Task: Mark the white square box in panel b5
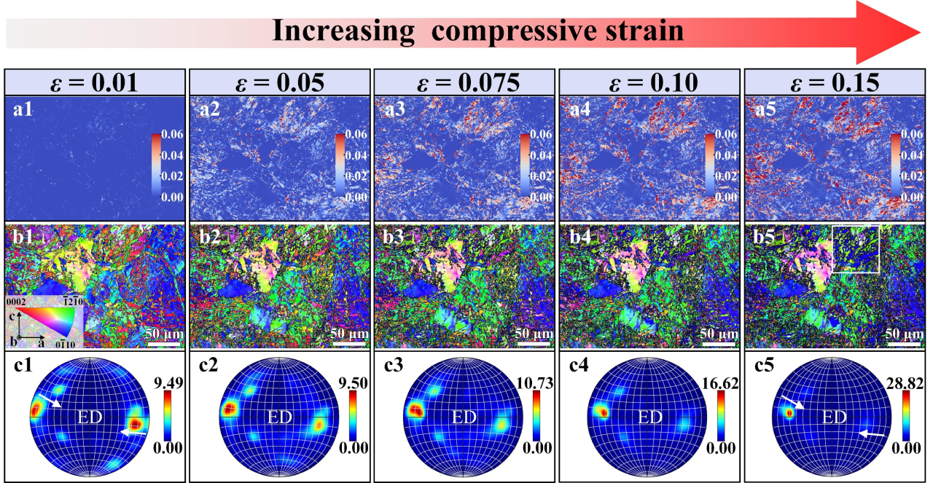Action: pos(856,249)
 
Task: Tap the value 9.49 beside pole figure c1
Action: pos(168,384)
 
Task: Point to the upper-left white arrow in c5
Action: pos(794,402)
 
